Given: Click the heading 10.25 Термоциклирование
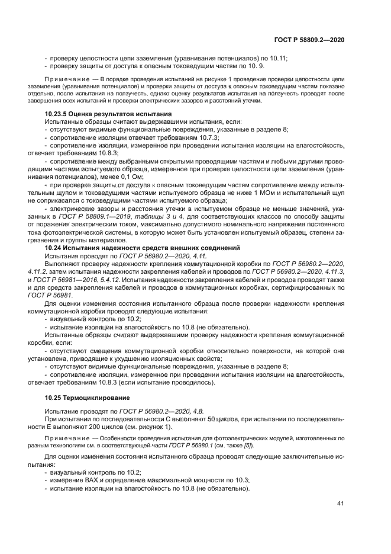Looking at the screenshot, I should (x=88, y=396).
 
